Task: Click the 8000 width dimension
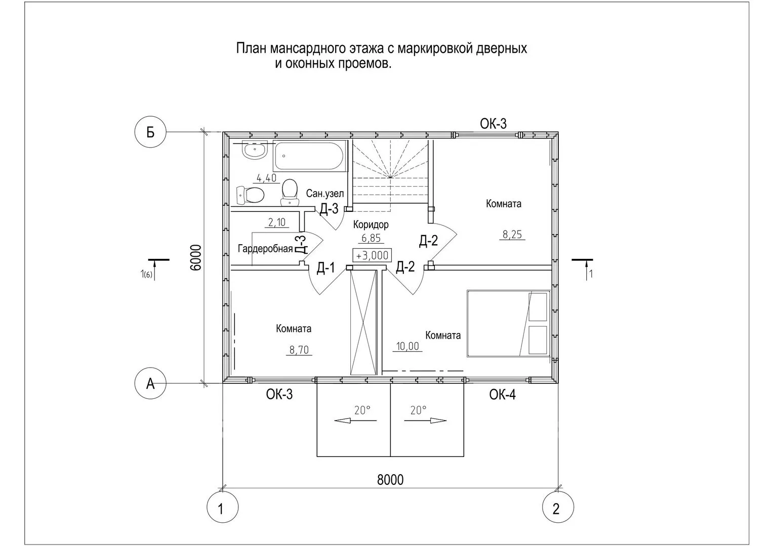(x=390, y=480)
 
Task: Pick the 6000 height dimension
(x=196, y=257)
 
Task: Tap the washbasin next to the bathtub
(x=255, y=151)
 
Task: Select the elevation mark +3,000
(x=372, y=255)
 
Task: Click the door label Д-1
(x=326, y=268)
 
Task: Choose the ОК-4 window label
(x=503, y=395)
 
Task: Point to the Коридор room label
(x=371, y=225)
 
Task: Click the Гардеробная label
(x=265, y=249)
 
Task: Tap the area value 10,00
(x=408, y=346)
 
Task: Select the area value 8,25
(x=512, y=235)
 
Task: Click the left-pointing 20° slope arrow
(x=355, y=421)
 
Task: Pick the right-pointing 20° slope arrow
(x=426, y=421)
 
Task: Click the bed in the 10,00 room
(x=508, y=324)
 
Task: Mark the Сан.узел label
(x=325, y=194)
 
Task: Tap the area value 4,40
(x=266, y=178)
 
